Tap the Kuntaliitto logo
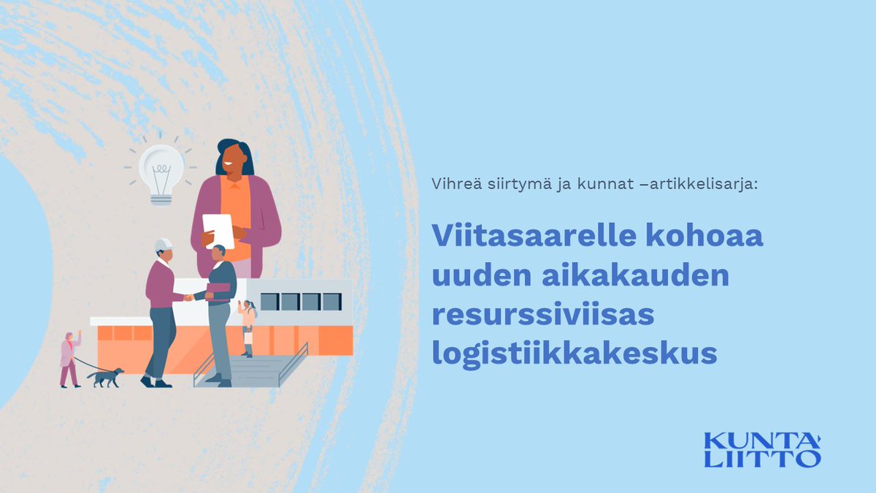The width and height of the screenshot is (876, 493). [x=762, y=449]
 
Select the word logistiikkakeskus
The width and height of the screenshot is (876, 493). [x=575, y=353]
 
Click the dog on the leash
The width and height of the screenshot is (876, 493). [x=105, y=377]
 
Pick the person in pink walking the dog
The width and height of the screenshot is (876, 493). [x=69, y=359]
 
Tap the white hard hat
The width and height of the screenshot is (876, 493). [x=164, y=245]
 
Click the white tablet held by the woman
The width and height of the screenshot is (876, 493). [x=218, y=229]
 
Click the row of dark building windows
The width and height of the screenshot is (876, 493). [x=300, y=301]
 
